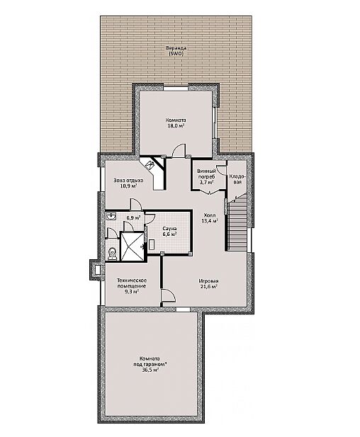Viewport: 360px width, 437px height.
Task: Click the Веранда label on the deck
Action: (176, 48)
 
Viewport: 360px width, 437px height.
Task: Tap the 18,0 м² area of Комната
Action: (176, 126)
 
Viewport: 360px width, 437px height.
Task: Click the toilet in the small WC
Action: (112, 254)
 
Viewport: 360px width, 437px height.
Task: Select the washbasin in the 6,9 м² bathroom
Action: (111, 216)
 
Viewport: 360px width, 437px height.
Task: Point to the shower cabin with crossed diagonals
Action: (133, 246)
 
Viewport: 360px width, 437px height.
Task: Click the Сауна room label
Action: (169, 229)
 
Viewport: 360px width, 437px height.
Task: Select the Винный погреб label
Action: (206, 174)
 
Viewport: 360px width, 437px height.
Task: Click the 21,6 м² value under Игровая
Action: (208, 287)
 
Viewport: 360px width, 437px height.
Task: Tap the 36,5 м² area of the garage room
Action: (150, 370)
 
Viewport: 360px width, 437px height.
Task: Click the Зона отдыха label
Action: (128, 181)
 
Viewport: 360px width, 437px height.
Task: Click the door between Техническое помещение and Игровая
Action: (168, 295)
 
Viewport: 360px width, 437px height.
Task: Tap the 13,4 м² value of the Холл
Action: (210, 221)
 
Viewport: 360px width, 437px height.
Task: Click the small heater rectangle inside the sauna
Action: (152, 244)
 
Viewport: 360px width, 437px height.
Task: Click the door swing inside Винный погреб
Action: (221, 170)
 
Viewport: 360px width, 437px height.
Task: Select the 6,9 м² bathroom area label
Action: (133, 217)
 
